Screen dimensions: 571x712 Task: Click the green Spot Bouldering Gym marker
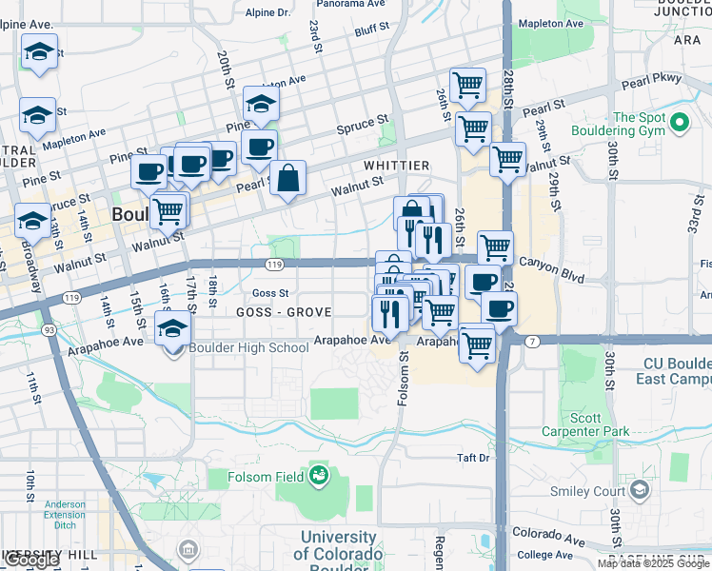(680, 123)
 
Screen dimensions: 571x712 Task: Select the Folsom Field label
(267, 476)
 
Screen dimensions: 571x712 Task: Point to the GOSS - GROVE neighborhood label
(283, 312)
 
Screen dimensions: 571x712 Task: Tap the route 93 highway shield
(47, 330)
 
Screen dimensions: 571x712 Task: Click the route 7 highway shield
(532, 341)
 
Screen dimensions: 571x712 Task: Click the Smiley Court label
(587, 491)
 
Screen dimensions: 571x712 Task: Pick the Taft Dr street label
(472, 458)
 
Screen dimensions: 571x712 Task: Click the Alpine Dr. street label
(267, 12)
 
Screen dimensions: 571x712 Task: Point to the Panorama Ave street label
(343, 5)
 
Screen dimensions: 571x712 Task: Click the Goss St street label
(270, 293)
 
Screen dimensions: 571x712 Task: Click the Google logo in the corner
(30, 560)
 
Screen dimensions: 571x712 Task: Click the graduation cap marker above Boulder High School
(171, 328)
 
